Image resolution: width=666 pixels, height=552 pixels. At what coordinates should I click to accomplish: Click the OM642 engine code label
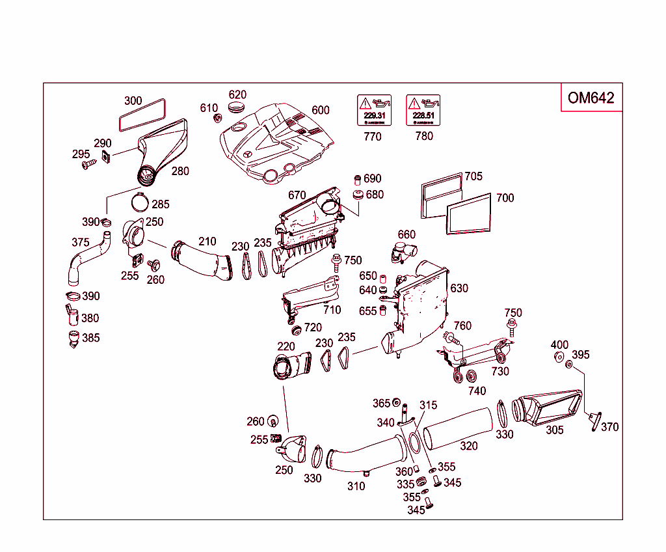591,98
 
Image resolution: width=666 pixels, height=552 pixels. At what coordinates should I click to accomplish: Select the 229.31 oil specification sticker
375,110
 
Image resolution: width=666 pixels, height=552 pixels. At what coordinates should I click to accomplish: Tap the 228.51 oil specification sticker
423,110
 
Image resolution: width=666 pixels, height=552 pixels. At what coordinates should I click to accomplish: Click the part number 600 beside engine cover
321,111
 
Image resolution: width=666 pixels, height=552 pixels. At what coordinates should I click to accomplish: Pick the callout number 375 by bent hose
80,242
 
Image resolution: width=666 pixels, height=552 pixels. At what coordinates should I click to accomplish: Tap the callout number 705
473,176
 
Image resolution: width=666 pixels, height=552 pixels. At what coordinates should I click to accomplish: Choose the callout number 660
406,235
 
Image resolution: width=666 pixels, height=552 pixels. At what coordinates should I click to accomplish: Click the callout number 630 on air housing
459,288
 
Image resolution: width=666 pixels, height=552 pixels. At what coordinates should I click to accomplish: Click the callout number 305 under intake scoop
554,430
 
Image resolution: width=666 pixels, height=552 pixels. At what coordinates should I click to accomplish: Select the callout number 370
610,427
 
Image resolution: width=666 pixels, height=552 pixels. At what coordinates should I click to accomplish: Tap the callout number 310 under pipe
356,486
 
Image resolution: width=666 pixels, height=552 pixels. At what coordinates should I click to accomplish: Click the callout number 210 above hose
207,241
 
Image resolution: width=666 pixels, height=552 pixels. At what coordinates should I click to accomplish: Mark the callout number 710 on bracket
332,310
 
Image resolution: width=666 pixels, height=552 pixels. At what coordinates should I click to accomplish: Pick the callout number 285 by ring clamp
161,204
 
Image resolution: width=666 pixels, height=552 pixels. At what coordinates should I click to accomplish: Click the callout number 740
477,391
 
